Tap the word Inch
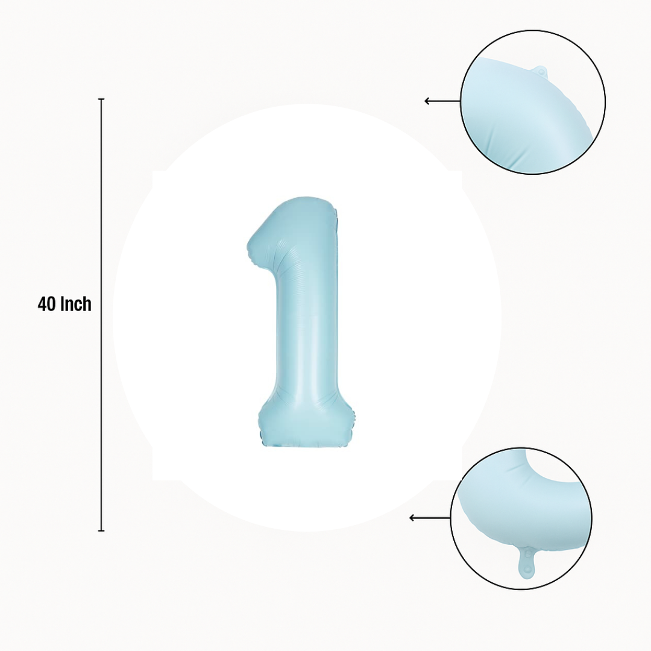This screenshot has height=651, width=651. point(76,304)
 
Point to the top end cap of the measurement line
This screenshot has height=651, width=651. point(101,99)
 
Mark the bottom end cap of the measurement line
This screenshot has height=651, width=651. point(101,530)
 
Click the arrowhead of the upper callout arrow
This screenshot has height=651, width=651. point(427,101)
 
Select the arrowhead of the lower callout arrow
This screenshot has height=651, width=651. point(412,518)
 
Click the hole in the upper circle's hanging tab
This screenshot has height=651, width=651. point(541,72)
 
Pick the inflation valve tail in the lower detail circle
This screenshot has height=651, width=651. point(526,561)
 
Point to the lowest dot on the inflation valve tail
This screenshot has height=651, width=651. point(526,569)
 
